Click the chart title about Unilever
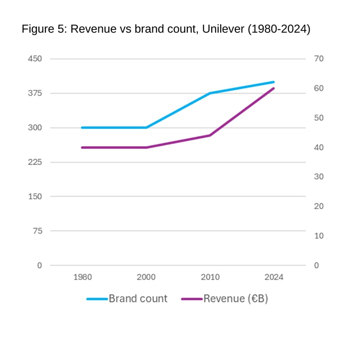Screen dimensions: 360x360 click(166, 29)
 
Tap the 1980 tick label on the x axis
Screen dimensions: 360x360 click(82, 277)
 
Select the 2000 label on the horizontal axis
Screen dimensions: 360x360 click(146, 277)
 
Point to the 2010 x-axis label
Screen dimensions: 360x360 click(210, 277)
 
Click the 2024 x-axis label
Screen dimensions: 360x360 click(274, 277)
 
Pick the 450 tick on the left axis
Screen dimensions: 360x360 click(35, 59)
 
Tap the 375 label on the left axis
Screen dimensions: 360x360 click(35, 93)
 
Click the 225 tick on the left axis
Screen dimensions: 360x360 click(35, 162)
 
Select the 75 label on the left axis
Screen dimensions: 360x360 click(37, 231)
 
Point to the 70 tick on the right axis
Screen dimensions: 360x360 click(319, 59)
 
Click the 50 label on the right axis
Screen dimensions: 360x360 click(319, 118)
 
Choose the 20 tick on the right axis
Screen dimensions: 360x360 click(319, 206)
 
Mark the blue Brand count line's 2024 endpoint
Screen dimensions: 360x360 click(274, 82)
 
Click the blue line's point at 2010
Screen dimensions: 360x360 click(210, 93)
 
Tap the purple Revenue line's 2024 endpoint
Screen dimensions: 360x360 click(274, 88)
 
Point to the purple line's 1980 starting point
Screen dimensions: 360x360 click(82, 147)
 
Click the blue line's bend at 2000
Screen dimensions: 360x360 click(146, 128)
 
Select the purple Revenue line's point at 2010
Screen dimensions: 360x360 click(210, 135)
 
